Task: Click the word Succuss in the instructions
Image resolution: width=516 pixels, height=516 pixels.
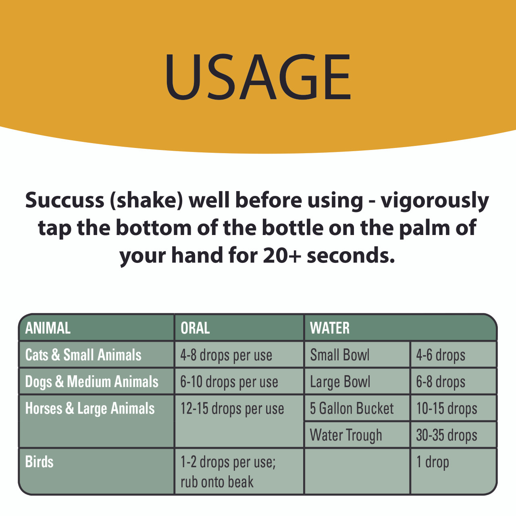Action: (x=64, y=200)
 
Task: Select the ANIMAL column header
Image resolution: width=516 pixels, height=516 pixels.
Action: (x=48, y=328)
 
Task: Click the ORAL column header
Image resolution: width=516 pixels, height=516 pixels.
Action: (x=195, y=328)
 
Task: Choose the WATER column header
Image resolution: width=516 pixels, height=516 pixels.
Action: (x=330, y=328)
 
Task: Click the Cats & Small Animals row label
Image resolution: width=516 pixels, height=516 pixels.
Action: (x=83, y=355)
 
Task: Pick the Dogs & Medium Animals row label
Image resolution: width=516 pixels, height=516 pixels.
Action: (x=92, y=382)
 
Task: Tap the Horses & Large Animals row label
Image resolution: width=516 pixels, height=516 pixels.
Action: (x=90, y=409)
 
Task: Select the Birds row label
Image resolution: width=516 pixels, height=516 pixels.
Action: (x=39, y=462)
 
